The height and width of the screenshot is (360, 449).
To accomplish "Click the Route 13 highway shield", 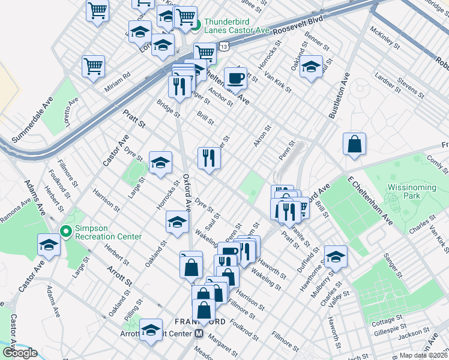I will [x=223, y=46].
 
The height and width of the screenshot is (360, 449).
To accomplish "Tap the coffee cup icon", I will [x=235, y=77].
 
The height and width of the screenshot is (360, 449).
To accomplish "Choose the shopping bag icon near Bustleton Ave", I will [x=354, y=144].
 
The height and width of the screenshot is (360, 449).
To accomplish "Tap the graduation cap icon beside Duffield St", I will [x=336, y=256].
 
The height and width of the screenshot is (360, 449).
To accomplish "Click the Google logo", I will [x=20, y=353].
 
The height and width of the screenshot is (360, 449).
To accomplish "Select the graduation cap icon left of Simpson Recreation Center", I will [x=49, y=245].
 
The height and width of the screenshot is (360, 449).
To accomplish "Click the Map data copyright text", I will [x=424, y=355].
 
